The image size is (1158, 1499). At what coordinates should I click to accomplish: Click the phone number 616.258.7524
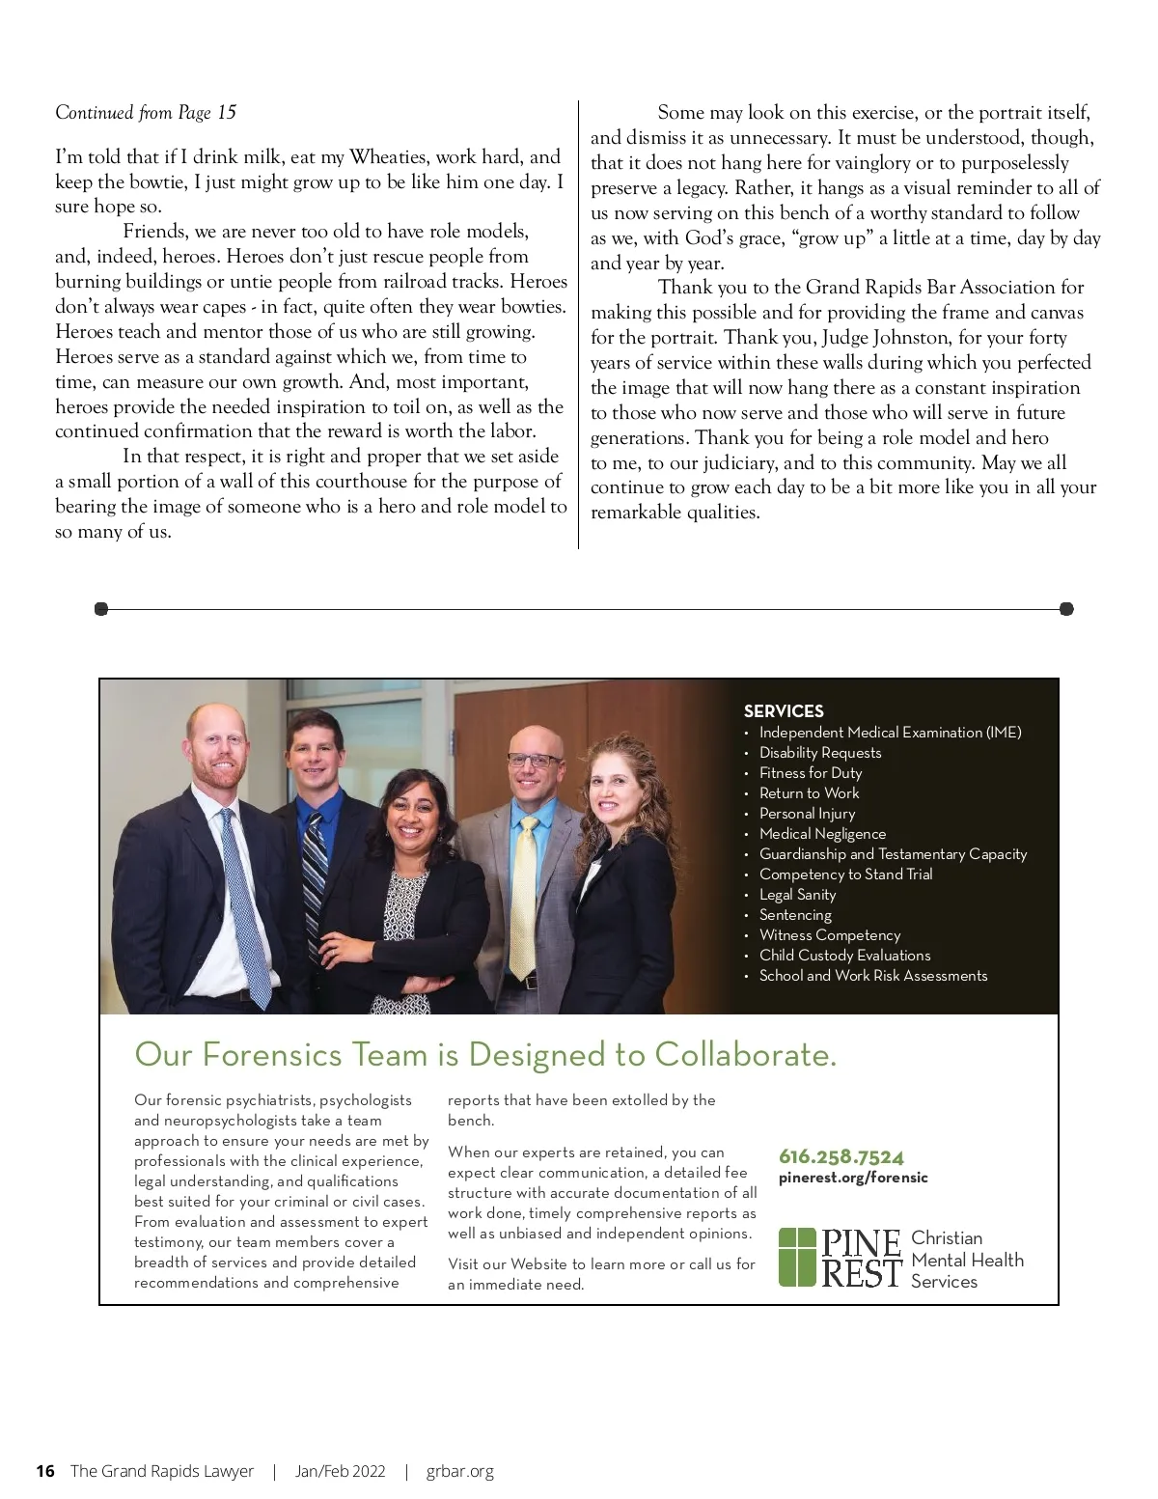(x=841, y=1156)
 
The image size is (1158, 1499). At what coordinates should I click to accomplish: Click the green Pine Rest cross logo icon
(x=796, y=1258)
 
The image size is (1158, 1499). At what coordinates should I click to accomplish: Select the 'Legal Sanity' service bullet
(x=797, y=895)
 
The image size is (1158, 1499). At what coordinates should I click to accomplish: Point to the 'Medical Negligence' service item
(x=822, y=834)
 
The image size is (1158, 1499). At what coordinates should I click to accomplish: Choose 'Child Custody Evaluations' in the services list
(x=844, y=956)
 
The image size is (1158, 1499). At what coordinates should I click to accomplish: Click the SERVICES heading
(x=784, y=711)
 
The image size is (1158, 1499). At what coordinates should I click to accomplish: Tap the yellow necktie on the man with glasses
(x=523, y=898)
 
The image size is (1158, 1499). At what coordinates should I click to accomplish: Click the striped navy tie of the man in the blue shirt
(x=316, y=869)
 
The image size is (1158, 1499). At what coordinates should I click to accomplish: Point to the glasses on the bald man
(x=533, y=761)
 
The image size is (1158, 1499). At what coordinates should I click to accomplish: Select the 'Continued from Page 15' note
(x=146, y=113)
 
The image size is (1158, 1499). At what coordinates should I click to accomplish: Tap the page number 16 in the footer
(x=45, y=1471)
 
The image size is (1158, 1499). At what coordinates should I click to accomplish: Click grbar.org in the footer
(x=459, y=1471)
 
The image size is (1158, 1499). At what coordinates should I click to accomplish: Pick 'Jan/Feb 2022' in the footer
(x=340, y=1471)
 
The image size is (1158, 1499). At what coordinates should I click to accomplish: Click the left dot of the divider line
(x=101, y=609)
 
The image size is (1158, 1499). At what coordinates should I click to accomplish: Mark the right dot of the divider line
(x=1066, y=609)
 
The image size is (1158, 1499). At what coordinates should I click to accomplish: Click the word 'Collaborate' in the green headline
(x=744, y=1054)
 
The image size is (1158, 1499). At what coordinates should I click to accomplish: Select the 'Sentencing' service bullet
(x=795, y=915)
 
